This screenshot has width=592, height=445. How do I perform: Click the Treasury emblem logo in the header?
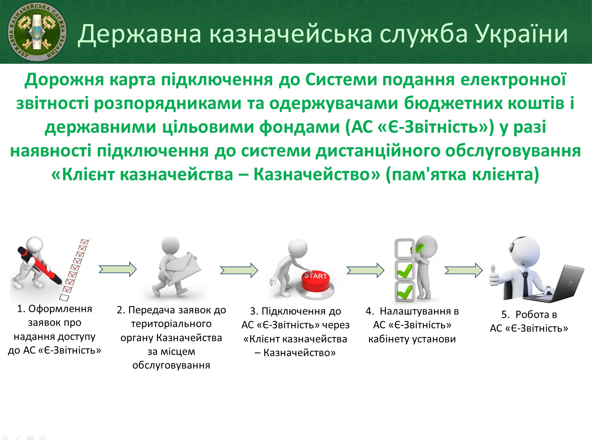(37, 32)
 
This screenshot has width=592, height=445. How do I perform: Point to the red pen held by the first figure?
(40, 265)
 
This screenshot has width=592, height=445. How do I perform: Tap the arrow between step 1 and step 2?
(118, 269)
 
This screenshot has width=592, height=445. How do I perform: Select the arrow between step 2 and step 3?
(239, 270)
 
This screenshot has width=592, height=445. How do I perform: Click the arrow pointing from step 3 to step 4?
(366, 270)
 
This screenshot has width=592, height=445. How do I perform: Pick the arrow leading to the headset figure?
(464, 270)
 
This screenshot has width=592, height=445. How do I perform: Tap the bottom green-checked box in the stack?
(405, 291)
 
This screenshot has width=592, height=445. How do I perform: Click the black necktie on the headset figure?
(526, 284)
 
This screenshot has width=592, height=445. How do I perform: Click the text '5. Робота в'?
(529, 314)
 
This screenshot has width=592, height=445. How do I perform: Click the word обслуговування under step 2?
(171, 365)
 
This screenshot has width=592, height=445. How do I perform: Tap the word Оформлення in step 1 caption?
(60, 309)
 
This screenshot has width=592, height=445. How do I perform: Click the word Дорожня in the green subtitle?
(64, 80)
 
